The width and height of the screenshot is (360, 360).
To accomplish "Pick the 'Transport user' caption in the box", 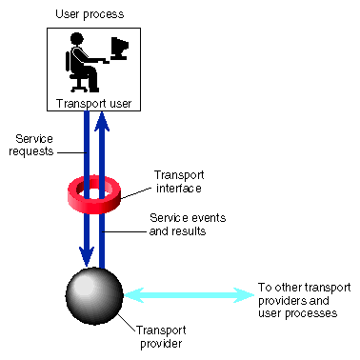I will [92, 104].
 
